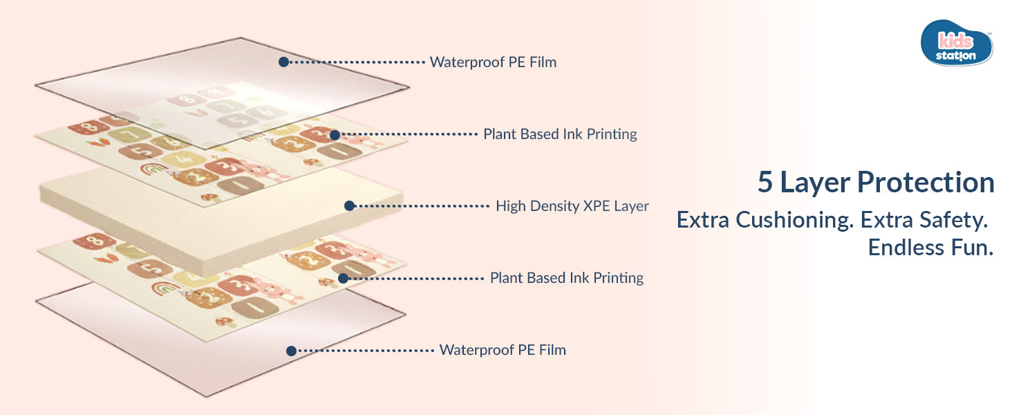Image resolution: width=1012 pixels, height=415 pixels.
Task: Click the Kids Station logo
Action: [957, 43]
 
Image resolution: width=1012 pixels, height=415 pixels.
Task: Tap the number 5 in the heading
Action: [765, 183]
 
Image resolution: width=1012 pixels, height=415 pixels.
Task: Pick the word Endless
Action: [901, 248]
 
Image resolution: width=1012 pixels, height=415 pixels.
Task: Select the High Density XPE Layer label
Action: [572, 205]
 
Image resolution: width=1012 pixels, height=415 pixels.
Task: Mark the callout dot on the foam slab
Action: [350, 205]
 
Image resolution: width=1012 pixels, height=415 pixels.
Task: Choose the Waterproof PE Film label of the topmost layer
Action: [493, 62]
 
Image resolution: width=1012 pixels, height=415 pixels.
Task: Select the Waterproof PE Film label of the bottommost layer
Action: [503, 350]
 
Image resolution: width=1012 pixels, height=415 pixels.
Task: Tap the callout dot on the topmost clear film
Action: [283, 62]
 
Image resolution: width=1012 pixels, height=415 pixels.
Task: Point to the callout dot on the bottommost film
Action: [292, 351]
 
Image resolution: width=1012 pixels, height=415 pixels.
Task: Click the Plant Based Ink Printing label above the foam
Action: [560, 134]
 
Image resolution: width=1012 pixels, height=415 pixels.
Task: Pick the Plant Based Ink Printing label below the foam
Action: [566, 278]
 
